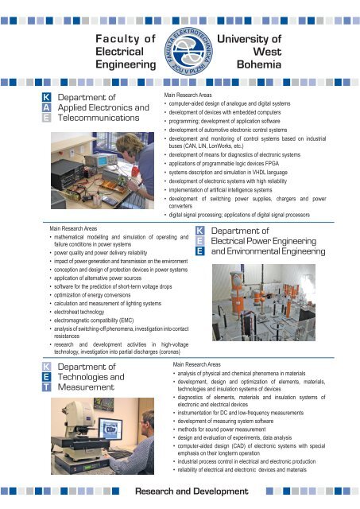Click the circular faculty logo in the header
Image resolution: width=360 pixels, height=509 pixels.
click(x=188, y=51)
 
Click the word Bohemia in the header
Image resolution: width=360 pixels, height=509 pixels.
click(x=259, y=64)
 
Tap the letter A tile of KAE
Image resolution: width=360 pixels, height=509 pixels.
click(x=46, y=107)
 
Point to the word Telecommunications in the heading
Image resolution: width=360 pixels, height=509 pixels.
click(x=99, y=118)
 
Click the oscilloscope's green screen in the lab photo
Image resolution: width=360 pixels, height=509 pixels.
click(x=103, y=161)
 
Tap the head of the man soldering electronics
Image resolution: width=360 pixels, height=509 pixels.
click(x=130, y=144)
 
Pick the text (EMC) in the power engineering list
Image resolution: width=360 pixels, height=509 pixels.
click(x=126, y=321)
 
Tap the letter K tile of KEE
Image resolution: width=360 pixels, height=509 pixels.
click(x=199, y=231)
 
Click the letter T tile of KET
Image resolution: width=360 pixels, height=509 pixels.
click(x=46, y=387)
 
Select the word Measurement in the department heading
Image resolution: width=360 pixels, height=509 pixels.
click(x=86, y=387)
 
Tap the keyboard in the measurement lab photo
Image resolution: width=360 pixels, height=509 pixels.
click(x=119, y=454)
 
